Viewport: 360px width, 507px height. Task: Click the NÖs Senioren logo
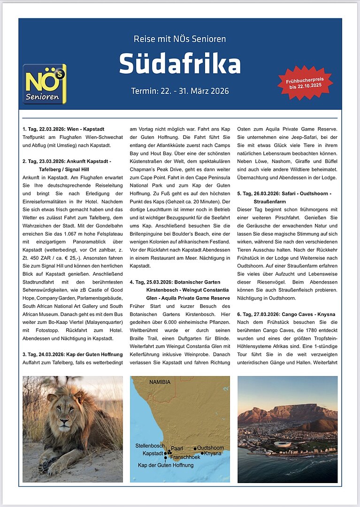pos(45,84)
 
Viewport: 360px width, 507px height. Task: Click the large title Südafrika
pos(180,64)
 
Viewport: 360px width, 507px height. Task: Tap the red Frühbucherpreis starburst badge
pos(305,83)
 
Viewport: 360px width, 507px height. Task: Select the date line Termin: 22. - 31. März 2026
pos(180,91)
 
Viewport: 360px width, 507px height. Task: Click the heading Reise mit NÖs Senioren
pos(180,39)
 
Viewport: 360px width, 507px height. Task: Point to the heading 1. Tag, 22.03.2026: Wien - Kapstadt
pos(63,129)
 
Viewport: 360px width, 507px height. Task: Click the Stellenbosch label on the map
pos(150,445)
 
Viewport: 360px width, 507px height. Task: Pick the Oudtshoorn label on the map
pos(210,448)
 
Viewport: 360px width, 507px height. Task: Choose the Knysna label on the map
pos(213,453)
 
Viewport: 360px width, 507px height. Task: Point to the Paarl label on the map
pos(177,448)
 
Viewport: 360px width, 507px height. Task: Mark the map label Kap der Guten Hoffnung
pos(165,465)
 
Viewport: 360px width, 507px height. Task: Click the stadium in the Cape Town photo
pos(282,444)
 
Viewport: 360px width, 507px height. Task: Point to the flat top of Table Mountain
pos(300,407)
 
